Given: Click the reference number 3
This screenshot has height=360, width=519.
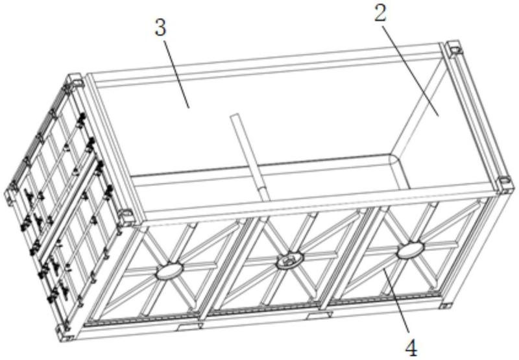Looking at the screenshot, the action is coord(160,28).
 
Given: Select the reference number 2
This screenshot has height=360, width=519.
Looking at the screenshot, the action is coord(381,14).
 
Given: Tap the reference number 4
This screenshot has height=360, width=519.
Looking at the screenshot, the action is coord(411,348).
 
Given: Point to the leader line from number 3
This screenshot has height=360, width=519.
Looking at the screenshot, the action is coord(176,73).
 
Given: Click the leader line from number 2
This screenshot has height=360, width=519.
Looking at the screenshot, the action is coord(411,70).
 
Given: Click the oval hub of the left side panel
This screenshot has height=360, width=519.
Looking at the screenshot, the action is coord(169,271).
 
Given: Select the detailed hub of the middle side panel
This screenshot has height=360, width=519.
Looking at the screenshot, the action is coord(290,260).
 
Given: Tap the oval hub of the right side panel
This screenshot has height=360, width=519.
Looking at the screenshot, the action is coord(411,250).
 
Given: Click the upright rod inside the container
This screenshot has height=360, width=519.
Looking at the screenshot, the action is coord(250,157).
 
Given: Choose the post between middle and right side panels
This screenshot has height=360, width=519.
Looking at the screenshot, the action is coord(348,259).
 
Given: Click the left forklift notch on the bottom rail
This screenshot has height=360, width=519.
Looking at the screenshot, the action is coord(189,327).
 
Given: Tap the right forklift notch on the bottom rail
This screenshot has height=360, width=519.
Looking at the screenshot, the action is coord(319,315).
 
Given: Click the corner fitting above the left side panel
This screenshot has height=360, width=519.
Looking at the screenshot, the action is coord(127,217).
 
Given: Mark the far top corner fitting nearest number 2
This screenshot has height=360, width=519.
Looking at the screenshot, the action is coord(455,49).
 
